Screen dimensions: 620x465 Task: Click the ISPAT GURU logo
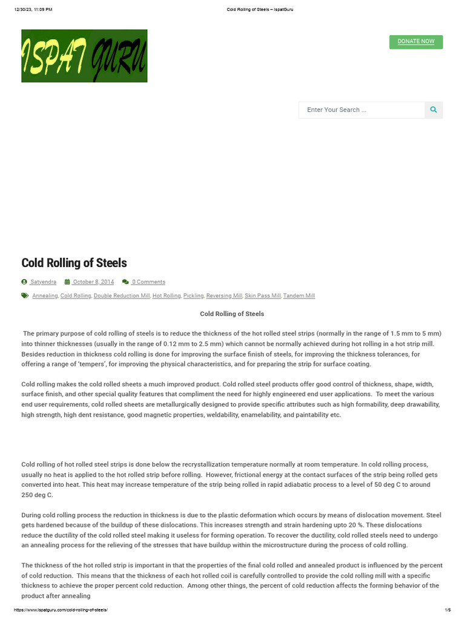pyautogui.click(x=84, y=56)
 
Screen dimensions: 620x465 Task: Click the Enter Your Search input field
pyautogui.click(x=361, y=110)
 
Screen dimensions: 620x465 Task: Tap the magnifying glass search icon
pyautogui.click(x=434, y=110)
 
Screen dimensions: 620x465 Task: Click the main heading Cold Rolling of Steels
pyautogui.click(x=74, y=263)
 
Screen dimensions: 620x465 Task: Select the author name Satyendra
pyautogui.click(x=43, y=282)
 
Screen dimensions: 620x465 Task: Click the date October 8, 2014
pyautogui.click(x=93, y=282)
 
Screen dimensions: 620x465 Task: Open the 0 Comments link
pyautogui.click(x=148, y=282)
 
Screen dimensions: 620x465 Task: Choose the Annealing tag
pyautogui.click(x=45, y=296)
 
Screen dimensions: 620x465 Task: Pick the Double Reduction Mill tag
pyautogui.click(x=122, y=296)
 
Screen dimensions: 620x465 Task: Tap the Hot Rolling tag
pyautogui.click(x=167, y=296)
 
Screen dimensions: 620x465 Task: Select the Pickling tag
pyautogui.click(x=194, y=296)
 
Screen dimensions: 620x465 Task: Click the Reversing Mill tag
pyautogui.click(x=224, y=296)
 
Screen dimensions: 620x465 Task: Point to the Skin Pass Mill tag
pyautogui.click(x=263, y=296)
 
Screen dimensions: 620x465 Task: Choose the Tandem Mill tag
pyautogui.click(x=299, y=296)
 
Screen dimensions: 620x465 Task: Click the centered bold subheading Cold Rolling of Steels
pyautogui.click(x=232, y=314)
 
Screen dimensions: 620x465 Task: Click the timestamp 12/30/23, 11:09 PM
pyautogui.click(x=33, y=10)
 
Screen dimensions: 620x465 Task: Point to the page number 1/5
pyautogui.click(x=447, y=610)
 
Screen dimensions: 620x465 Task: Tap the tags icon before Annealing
pyautogui.click(x=25, y=296)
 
